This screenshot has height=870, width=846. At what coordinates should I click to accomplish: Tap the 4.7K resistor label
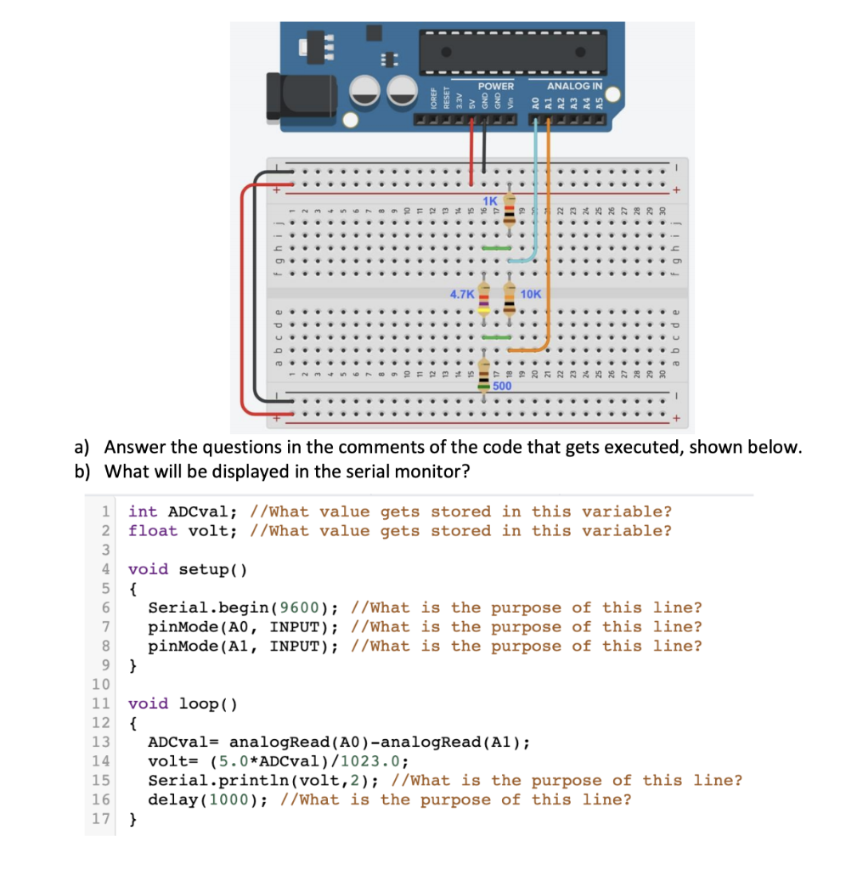point(462,294)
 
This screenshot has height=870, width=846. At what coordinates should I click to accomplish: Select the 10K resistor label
point(532,294)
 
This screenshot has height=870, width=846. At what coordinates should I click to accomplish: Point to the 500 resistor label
point(502,386)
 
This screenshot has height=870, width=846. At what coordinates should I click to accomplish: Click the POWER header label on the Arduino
point(496,87)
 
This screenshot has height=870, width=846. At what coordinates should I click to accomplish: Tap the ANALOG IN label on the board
point(575,87)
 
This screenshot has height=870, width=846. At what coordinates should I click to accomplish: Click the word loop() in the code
point(207,703)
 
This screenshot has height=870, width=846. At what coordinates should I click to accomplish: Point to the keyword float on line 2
point(153,531)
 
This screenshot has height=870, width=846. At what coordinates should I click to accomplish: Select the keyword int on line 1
point(143,511)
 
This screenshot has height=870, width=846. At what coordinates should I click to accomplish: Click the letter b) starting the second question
point(82,472)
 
